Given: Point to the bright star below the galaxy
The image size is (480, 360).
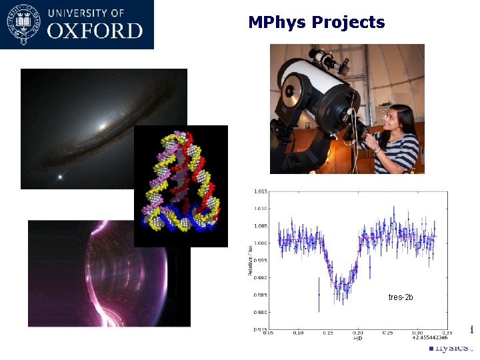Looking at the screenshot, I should coord(61,177).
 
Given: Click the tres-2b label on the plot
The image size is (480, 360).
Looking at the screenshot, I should coord(401,297).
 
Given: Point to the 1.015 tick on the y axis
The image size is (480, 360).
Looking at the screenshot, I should coord(261,191).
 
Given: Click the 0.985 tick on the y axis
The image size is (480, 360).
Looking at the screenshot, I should coord(261,295).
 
